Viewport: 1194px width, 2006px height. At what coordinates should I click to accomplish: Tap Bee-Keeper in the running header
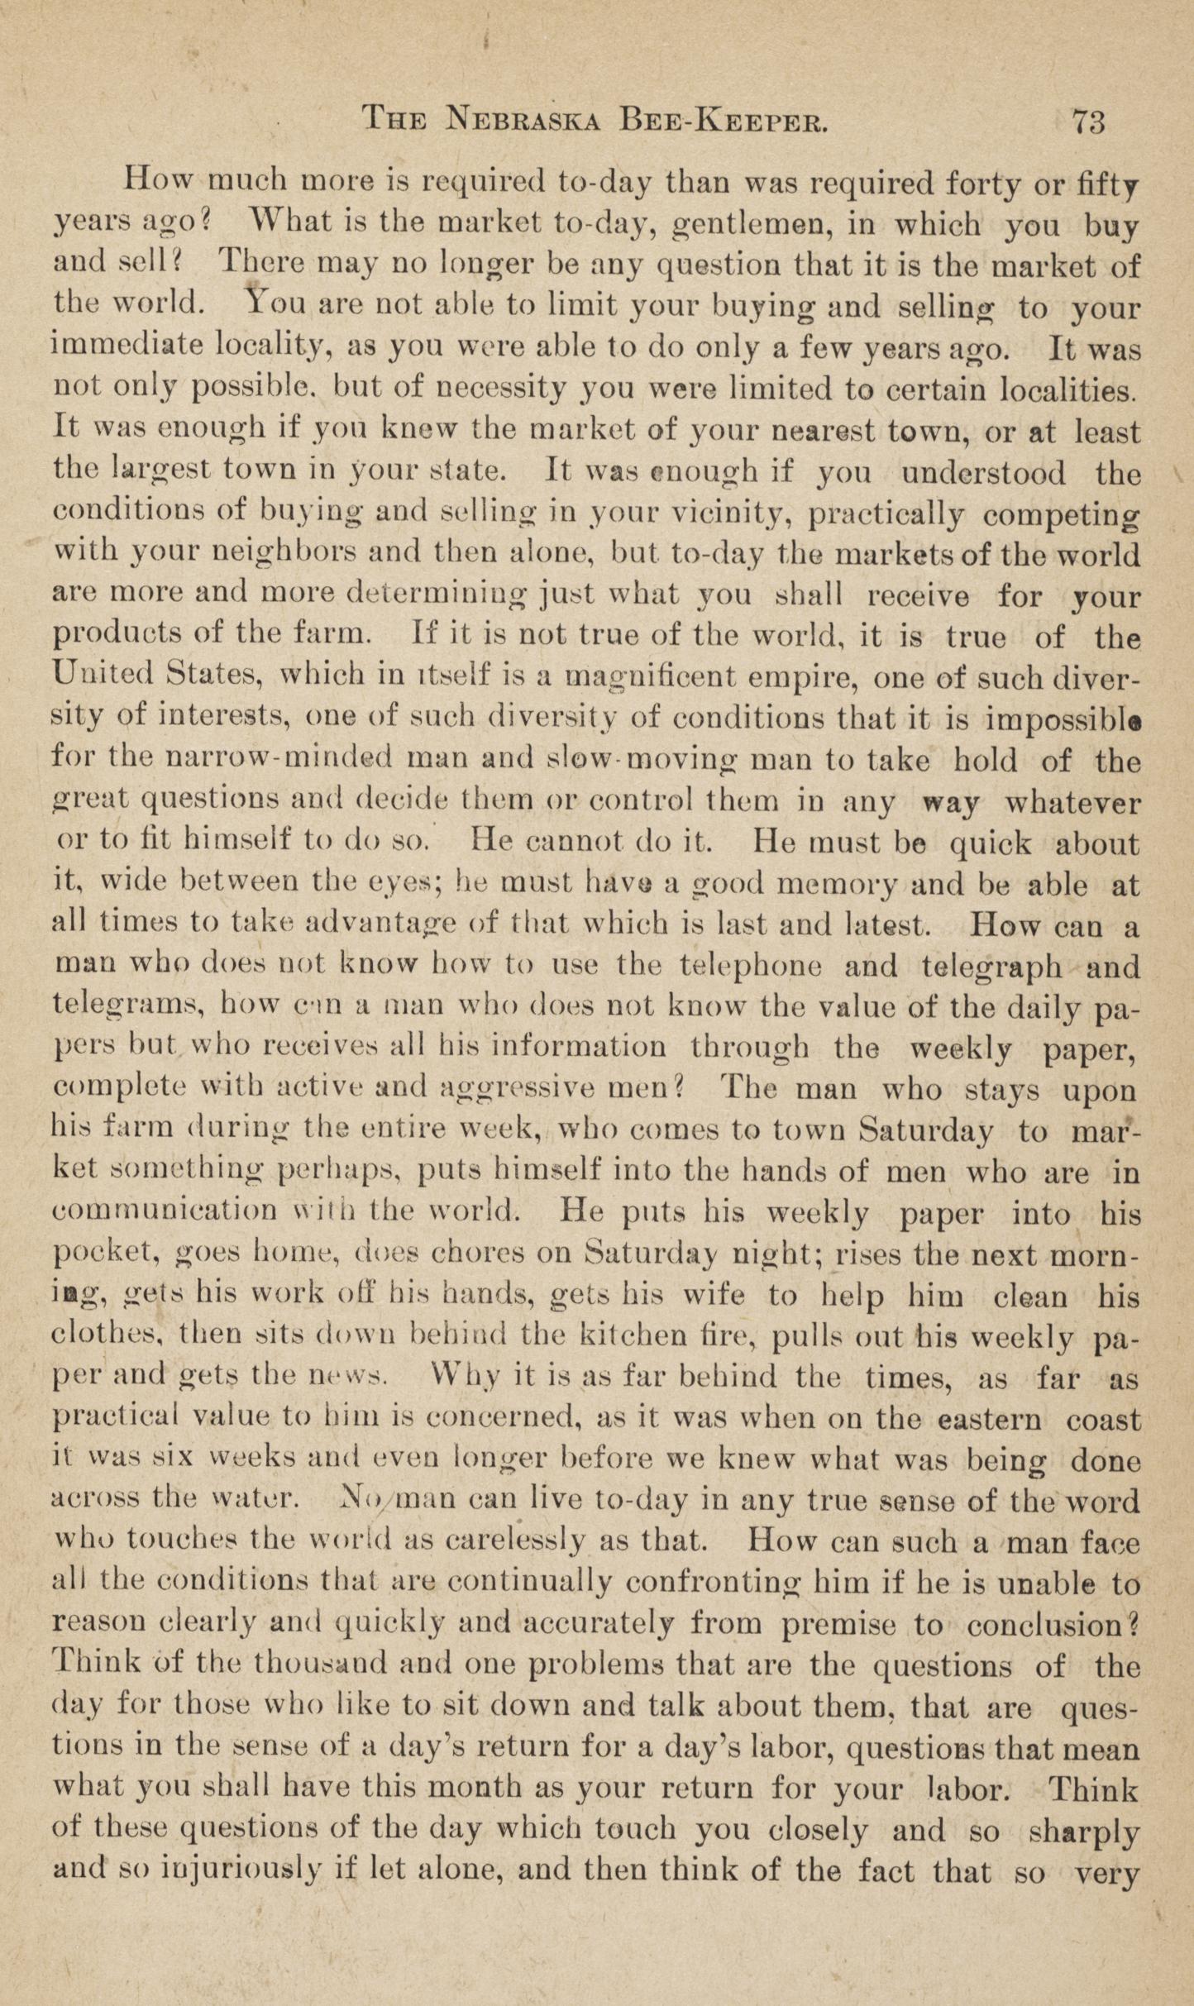pyautogui.click(x=723, y=122)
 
